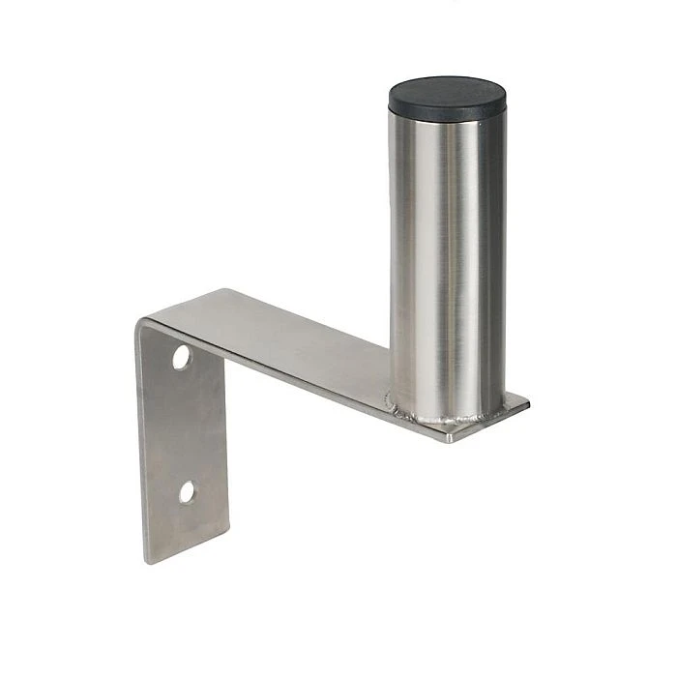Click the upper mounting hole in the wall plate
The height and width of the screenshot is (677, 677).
click(x=182, y=357)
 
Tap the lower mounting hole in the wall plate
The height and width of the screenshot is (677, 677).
click(x=187, y=492)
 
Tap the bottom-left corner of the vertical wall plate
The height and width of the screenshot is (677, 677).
click(x=147, y=562)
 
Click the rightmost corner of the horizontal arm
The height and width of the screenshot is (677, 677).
click(x=529, y=399)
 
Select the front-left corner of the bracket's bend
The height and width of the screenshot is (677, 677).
click(x=137, y=320)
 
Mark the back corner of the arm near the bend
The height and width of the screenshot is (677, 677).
click(x=224, y=289)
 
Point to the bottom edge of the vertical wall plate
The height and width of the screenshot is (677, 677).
click(x=189, y=547)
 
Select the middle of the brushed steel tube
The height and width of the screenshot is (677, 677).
click(x=448, y=261)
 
